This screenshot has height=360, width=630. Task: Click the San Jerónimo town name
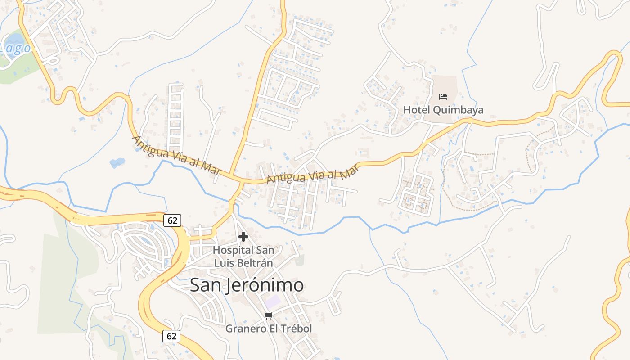point(247,285)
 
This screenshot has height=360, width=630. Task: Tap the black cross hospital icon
point(243,237)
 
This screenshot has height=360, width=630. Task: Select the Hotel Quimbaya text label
point(443,110)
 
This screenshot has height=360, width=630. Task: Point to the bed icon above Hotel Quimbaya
point(443,97)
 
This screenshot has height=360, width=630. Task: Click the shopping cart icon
point(269,316)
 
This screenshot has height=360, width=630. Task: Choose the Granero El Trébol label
point(268,328)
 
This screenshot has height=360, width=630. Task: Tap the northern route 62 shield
point(172,220)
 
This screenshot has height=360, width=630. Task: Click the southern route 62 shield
point(171,336)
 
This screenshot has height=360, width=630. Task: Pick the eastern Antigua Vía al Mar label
point(312,174)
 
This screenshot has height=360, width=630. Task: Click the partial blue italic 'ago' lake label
point(16,49)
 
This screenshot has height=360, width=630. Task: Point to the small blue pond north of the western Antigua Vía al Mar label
point(117,162)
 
